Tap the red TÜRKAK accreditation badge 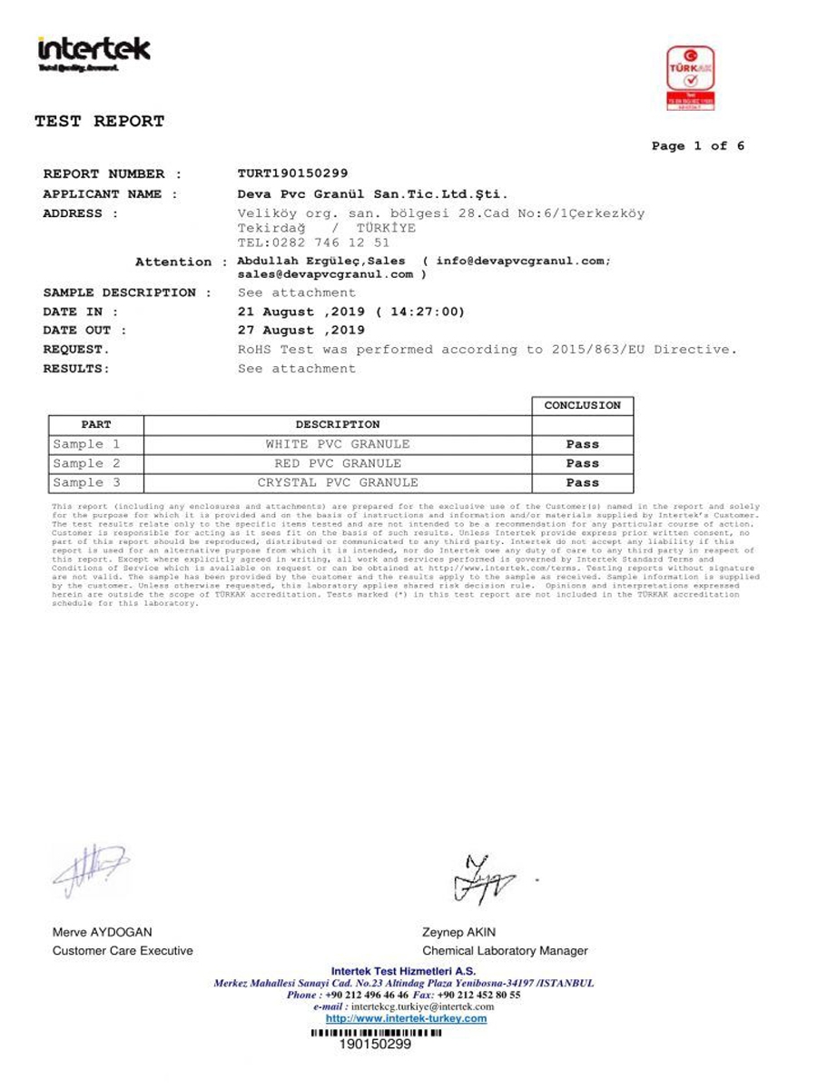point(691,79)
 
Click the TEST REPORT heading point(100,121)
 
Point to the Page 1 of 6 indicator point(697,146)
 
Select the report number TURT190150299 point(292,173)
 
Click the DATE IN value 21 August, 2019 point(350,312)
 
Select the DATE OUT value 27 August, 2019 point(300,331)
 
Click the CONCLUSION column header point(582,406)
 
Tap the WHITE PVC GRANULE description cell point(338,444)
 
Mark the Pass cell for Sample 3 point(582,483)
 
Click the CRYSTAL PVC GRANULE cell point(338,483)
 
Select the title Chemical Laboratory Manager point(505,951)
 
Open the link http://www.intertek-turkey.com point(406,1018)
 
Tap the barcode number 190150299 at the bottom point(374,1045)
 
